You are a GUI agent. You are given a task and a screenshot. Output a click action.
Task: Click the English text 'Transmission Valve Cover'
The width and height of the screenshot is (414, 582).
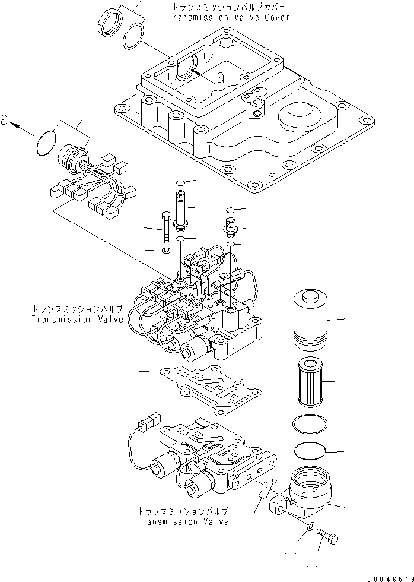(228, 17)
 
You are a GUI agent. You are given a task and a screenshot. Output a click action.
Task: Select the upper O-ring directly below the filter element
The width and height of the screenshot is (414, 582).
(309, 424)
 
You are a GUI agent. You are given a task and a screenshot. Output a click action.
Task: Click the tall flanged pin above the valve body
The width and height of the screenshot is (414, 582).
(180, 207)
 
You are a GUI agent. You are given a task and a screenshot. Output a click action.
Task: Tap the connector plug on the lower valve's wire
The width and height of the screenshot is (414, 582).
(147, 425)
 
